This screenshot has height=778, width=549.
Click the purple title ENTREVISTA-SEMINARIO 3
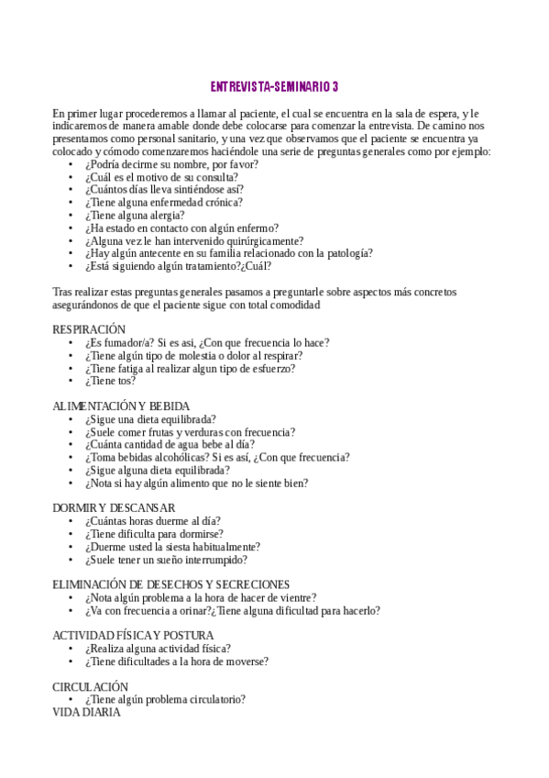[x=274, y=87]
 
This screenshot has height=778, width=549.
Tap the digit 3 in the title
[x=335, y=87]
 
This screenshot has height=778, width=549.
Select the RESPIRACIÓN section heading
[x=89, y=329]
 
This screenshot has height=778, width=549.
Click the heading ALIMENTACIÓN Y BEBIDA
[x=121, y=406]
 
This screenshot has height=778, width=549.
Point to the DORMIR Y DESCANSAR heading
[x=114, y=507]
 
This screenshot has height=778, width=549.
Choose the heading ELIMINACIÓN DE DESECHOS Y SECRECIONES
[x=171, y=584]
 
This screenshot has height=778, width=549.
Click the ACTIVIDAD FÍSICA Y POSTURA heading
[x=133, y=635]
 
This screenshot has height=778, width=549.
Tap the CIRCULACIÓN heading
[x=90, y=686]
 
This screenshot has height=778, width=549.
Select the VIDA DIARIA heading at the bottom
[x=86, y=711]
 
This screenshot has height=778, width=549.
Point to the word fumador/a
[x=128, y=342]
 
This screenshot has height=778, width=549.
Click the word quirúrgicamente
[x=253, y=240]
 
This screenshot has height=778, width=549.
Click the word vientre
[x=297, y=597]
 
